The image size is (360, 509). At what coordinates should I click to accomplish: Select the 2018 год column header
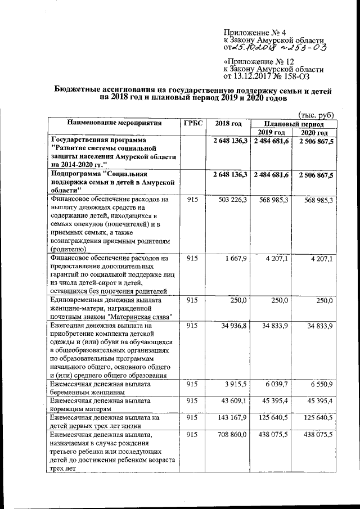coord(228,123)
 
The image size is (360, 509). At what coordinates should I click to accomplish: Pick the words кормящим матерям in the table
coord(79,409)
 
